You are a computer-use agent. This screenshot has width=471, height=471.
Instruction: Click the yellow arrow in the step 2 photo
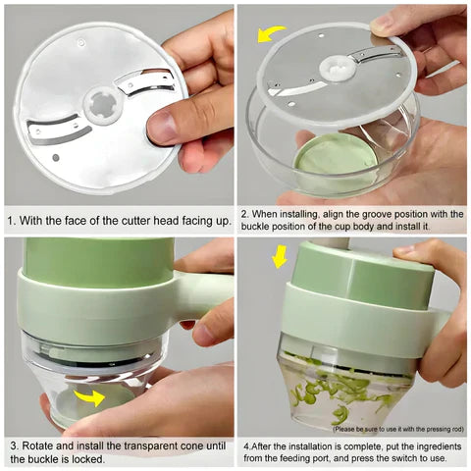pos(267,33)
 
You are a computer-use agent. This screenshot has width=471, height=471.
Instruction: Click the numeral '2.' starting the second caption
pos(244,213)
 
